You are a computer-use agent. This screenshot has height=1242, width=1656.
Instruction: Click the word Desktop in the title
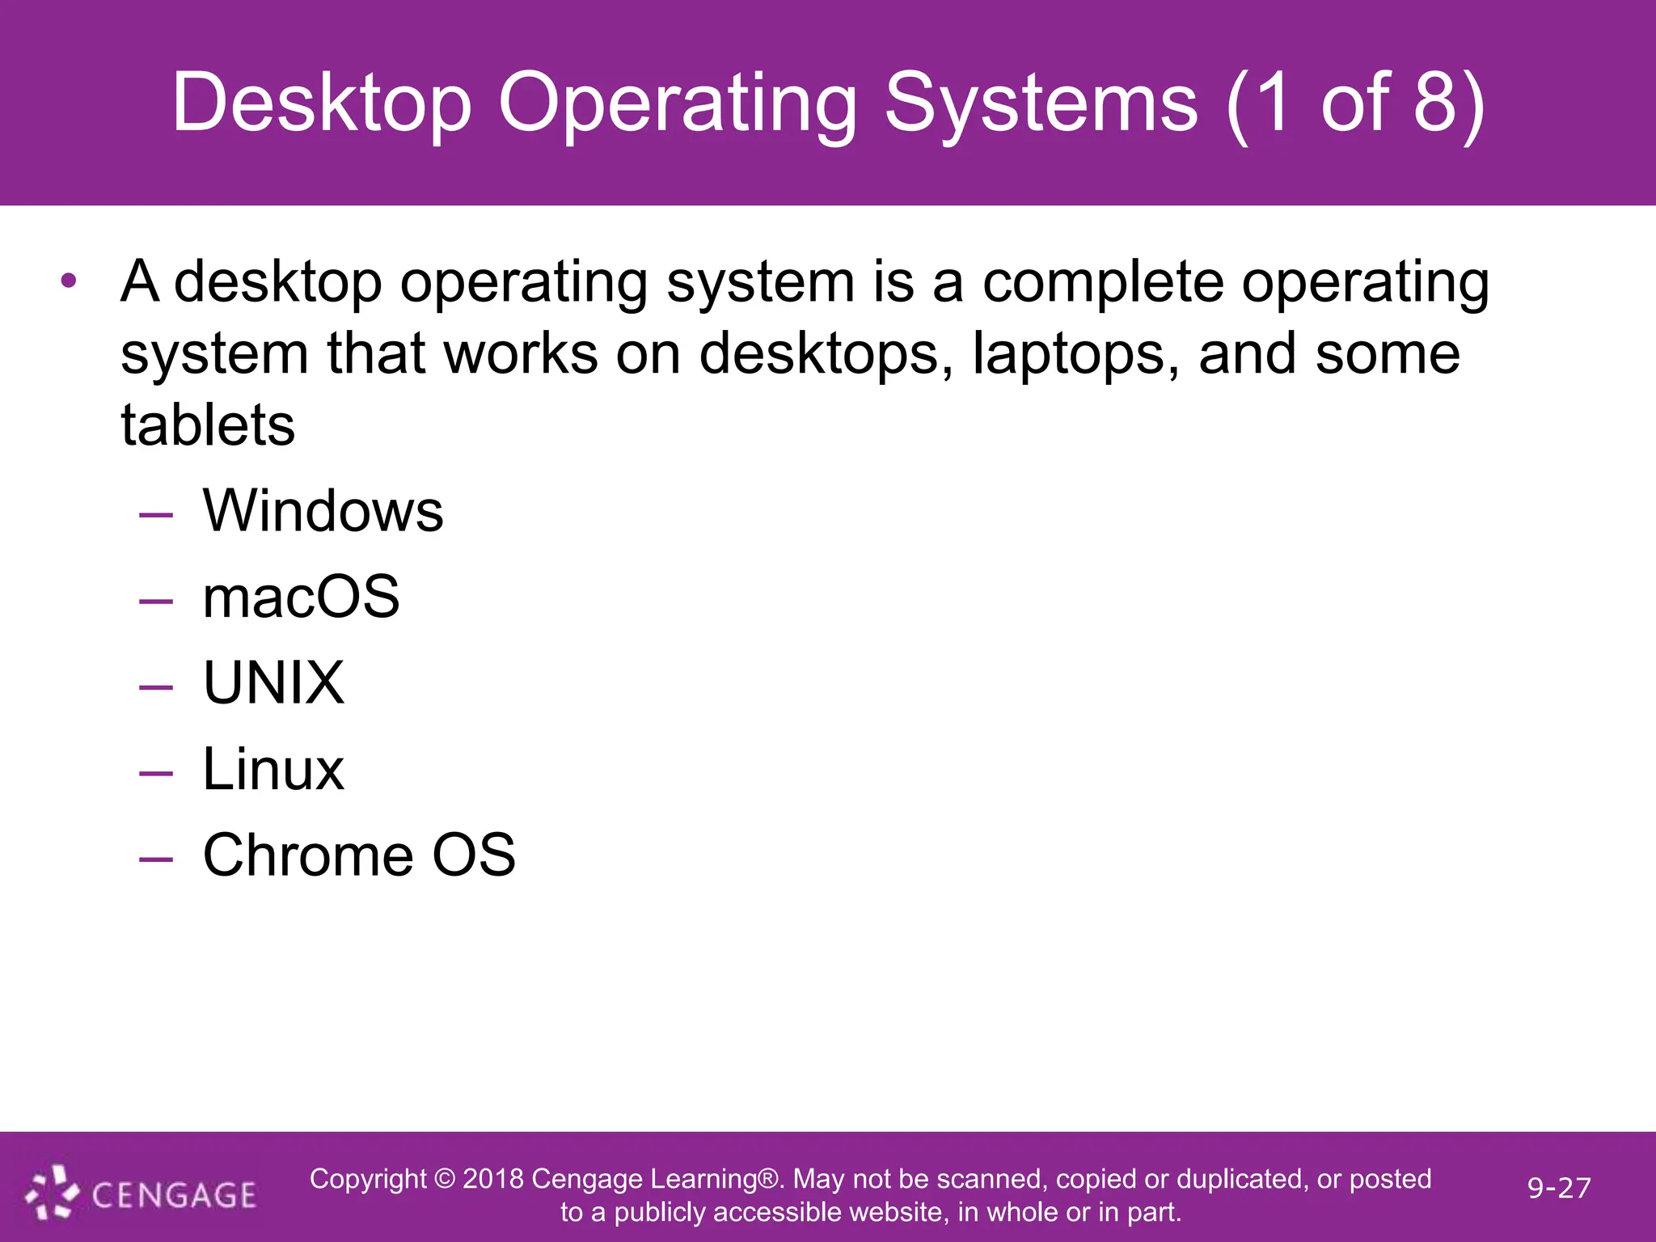[x=322, y=103]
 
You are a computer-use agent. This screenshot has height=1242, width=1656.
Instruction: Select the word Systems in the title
[x=1041, y=103]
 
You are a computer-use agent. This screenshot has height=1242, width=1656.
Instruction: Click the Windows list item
[x=323, y=511]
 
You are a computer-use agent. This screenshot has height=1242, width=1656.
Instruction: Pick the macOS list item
[x=301, y=597]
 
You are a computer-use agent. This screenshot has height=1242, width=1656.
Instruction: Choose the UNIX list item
[x=273, y=683]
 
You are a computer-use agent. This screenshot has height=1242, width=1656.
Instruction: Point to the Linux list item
[x=273, y=769]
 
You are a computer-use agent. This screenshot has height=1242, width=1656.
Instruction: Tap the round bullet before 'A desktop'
[x=69, y=281]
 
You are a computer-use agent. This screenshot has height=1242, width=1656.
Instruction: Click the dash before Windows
[x=156, y=514]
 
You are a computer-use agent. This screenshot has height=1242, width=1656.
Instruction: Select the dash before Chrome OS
[x=156, y=858]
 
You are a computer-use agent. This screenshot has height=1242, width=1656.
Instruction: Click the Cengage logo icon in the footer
[x=52, y=1192]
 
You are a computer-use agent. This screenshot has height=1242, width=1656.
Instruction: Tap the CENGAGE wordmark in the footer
[x=174, y=1195]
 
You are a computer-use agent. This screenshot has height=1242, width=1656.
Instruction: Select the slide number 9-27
[x=1559, y=1188]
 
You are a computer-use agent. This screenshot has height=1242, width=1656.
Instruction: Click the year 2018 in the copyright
[x=493, y=1179]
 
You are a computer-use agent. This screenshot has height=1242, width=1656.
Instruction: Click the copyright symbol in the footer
[x=445, y=1179]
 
